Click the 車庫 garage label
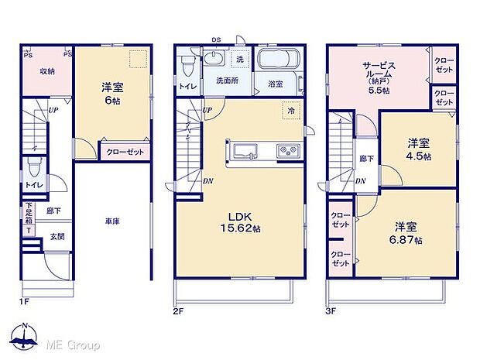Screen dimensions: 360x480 [x=113, y=221]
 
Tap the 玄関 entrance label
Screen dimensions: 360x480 [x=58, y=236]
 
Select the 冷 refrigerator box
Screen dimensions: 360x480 [x=293, y=110]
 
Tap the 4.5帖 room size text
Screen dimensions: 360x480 [x=420, y=156]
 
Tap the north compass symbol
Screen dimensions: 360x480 [x=26, y=337]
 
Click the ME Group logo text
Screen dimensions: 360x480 [x=73, y=344]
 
